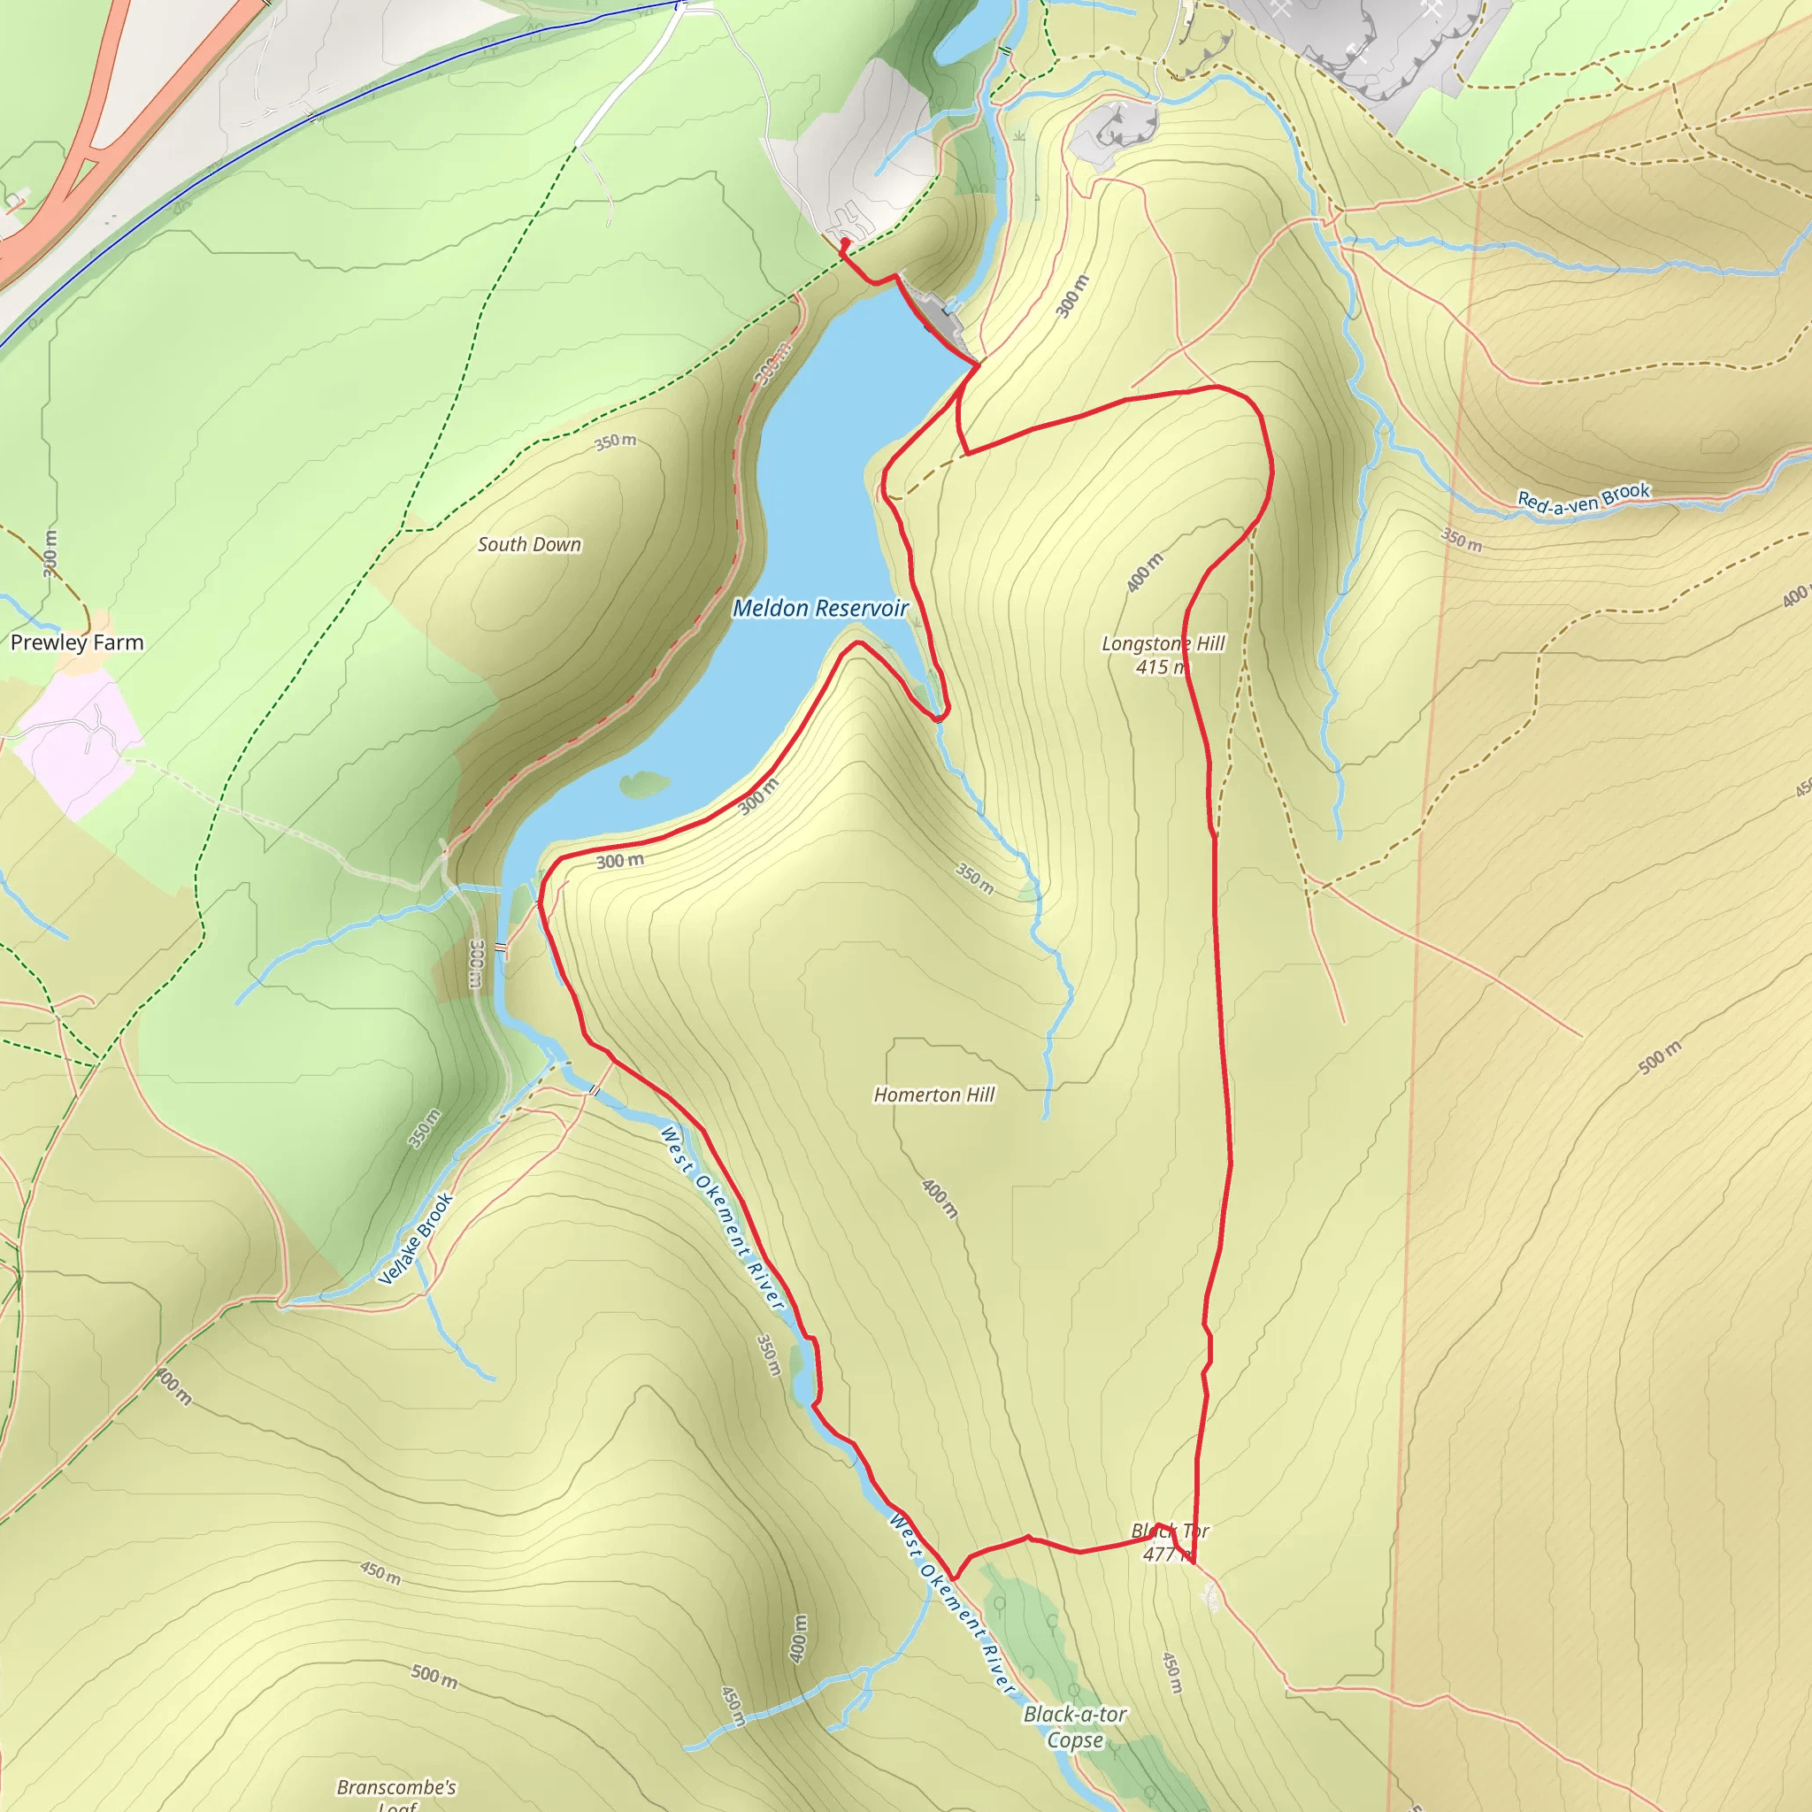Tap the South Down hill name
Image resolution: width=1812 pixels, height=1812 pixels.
[x=529, y=545]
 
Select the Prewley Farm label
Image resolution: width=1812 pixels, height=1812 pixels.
[x=77, y=642]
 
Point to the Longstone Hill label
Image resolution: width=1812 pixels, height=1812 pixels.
[x=1162, y=643]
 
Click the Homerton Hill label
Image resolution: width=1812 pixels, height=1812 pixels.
[x=934, y=1094]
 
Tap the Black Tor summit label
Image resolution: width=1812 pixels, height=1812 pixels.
[x=1170, y=1531]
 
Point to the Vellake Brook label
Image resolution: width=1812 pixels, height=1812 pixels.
[x=416, y=1238]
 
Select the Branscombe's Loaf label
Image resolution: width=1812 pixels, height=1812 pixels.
[x=396, y=1793]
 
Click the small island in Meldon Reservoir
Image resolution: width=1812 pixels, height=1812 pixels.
[x=644, y=783]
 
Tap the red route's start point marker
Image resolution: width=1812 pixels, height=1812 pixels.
[x=845, y=243]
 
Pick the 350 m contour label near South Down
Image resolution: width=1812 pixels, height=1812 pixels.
[x=615, y=441]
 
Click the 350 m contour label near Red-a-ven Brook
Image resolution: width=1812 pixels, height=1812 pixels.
[x=1462, y=541]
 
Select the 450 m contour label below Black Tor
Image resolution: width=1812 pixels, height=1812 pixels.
[x=1172, y=1673]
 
